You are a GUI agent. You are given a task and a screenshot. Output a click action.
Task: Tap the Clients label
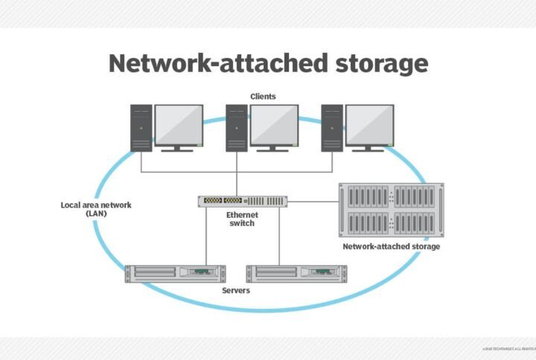pos(263,96)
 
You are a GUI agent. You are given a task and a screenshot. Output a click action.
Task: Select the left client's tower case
pos(141,128)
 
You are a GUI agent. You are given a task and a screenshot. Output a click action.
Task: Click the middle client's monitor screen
pos(274,124)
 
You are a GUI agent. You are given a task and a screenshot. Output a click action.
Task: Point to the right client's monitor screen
pos(369,124)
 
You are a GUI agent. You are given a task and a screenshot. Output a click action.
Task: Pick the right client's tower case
pos(331,128)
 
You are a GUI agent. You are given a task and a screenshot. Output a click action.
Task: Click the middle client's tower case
pos(236,128)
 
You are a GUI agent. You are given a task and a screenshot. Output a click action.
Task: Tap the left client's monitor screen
pos(179,124)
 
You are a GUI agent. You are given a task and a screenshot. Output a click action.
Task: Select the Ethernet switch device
pos(243,201)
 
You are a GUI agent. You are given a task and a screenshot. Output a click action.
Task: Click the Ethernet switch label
pos(242,219)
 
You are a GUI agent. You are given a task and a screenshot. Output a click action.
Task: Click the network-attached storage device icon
pos(391,210)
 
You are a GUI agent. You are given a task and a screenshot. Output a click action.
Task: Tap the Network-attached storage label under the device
pos(391,246)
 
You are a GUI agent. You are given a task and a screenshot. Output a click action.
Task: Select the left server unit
pos(175,273)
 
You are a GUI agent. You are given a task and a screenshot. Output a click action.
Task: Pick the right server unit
pos(296,273)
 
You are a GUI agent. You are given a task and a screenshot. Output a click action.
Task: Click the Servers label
pos(236,290)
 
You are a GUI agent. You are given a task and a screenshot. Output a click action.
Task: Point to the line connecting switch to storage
pos(313,201)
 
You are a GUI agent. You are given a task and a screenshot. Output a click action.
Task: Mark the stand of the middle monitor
pos(274,147)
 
